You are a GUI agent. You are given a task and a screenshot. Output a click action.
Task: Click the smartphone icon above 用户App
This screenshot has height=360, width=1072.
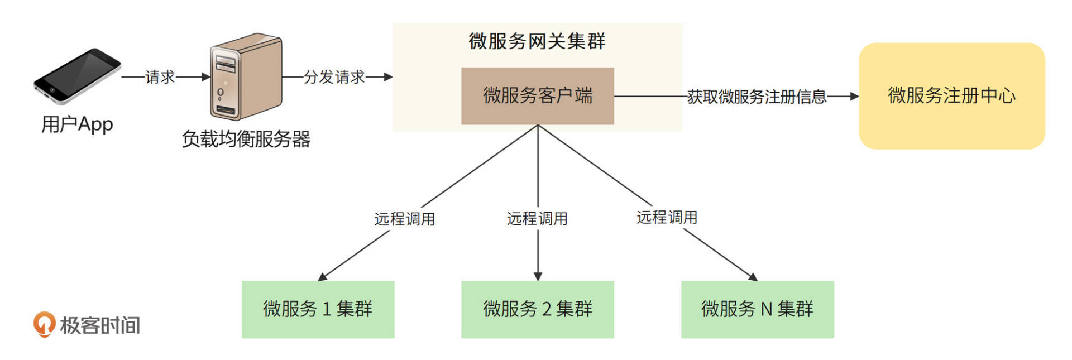point(77,75)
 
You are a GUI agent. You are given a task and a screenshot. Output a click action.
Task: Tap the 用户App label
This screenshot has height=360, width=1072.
point(77,124)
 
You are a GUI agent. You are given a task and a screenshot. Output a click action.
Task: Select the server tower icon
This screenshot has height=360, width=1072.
point(246,76)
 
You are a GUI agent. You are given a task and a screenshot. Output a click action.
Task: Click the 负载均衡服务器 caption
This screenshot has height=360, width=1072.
point(246,139)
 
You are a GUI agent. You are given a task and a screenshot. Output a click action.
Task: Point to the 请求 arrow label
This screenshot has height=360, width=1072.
point(160,77)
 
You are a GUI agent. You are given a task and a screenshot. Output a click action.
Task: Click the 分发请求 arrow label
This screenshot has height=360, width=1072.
point(334,77)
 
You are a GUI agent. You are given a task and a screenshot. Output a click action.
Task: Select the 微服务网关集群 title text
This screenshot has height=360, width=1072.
point(537,41)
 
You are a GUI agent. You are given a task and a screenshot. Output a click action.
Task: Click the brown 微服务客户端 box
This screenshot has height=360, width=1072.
point(537,96)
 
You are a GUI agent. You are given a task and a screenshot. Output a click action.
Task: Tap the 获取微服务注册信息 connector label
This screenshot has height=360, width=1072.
point(757,97)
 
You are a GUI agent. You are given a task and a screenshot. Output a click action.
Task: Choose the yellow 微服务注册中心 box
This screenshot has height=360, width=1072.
point(951,96)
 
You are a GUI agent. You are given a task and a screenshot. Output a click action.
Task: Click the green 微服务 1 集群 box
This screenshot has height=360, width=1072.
point(318,309)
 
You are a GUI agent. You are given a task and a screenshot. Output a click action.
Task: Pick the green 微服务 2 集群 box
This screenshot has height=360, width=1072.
point(537,309)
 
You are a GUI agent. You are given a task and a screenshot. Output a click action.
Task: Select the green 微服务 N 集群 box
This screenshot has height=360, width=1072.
point(757,309)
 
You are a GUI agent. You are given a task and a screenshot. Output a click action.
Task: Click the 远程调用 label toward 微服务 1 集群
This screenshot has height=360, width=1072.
point(405,219)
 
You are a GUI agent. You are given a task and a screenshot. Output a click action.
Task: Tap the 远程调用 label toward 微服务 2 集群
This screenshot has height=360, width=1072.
point(537,219)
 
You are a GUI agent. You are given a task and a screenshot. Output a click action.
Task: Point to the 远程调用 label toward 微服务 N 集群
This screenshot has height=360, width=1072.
point(667,217)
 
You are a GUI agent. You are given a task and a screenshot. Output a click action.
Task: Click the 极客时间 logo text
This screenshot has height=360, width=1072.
point(100,325)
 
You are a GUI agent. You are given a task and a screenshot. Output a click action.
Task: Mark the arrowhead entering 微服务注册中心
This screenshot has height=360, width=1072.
point(854,97)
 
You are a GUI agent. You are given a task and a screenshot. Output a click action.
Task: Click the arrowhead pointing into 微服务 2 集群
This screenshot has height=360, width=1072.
point(538,277)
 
